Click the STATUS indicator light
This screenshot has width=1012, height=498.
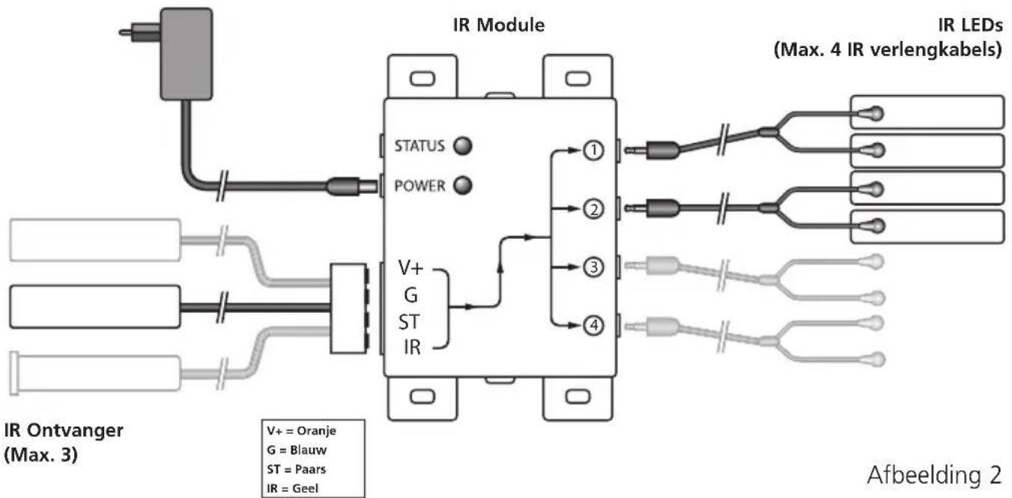tap(463, 146)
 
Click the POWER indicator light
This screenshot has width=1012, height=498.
tap(463, 186)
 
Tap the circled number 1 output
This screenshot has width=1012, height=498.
tap(593, 151)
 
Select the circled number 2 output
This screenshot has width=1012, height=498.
tap(593, 209)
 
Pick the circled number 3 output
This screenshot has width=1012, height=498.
tap(593, 267)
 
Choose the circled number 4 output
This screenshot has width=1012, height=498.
tap(593, 325)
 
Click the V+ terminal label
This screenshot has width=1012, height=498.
tap(410, 268)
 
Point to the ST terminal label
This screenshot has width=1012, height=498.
tap(409, 322)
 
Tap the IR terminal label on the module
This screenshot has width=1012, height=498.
tap(412, 347)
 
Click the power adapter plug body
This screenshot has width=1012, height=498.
tap(186, 54)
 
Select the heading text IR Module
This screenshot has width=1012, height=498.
tap(499, 25)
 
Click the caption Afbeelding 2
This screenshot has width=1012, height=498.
tap(934, 475)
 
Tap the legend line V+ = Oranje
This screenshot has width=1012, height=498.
tap(301, 431)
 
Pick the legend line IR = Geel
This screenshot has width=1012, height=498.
tap(292, 488)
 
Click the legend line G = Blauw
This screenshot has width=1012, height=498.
tap(297, 449)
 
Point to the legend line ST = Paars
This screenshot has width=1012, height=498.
tap(296, 469)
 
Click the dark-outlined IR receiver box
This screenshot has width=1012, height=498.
tap(95, 306)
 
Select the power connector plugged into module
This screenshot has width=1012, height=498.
tap(351, 186)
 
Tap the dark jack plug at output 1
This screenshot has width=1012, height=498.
tap(662, 150)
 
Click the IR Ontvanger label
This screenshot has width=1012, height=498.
tap(64, 443)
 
